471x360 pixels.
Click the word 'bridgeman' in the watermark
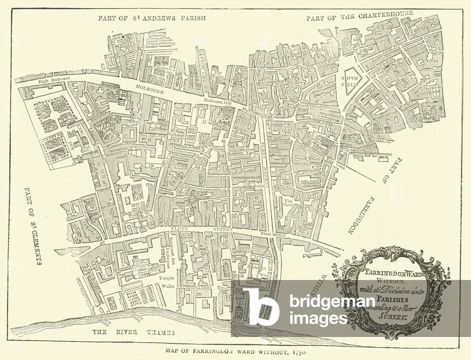point(332,302)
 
